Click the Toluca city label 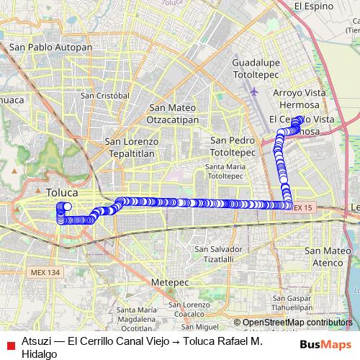click(x=62, y=193)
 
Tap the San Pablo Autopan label click(x=50, y=48)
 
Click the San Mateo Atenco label click(x=328, y=256)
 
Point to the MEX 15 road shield click(x=303, y=207)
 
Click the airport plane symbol click(x=254, y=92)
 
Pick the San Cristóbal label click(x=104, y=95)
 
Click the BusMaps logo click(x=330, y=344)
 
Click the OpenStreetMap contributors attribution click(x=297, y=323)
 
